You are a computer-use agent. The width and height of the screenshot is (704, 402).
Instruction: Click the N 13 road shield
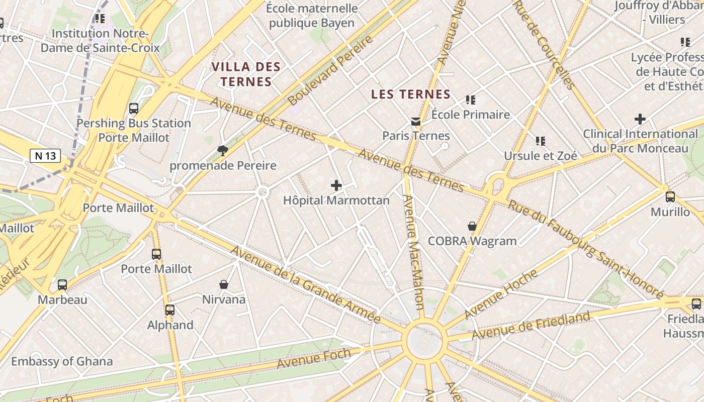(45, 156)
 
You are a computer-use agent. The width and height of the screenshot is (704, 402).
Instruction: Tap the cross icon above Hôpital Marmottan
(336, 185)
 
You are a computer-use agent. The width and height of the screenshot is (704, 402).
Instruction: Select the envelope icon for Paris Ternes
(416, 121)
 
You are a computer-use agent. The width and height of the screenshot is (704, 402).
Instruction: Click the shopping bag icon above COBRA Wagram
(472, 226)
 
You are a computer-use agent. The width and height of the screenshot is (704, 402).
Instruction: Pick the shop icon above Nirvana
(224, 284)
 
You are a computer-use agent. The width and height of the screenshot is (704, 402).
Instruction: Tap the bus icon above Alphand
(170, 310)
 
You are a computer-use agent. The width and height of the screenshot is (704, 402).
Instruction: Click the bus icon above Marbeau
(62, 285)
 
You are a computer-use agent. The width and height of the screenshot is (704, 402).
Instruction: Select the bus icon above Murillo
(670, 196)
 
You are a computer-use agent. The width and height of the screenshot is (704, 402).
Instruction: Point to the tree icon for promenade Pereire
(222, 150)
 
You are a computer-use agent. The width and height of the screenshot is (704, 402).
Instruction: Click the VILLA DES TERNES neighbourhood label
(245, 74)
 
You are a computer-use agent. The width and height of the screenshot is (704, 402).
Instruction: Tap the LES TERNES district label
(410, 94)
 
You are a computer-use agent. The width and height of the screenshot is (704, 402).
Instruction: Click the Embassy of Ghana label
(62, 361)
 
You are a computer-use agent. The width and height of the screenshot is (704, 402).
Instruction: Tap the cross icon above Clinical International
(640, 119)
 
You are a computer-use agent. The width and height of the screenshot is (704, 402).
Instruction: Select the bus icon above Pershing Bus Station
(134, 108)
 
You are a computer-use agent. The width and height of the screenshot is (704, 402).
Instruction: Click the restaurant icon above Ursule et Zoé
(541, 141)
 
